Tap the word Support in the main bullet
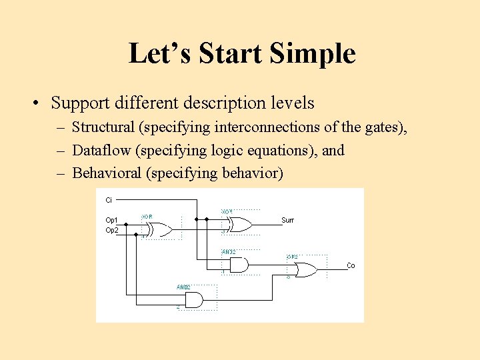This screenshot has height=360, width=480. point(79,103)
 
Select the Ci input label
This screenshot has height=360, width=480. point(109,199)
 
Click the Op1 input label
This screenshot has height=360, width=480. point(112,220)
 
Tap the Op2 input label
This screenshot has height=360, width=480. point(112,230)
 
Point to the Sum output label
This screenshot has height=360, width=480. point(287,220)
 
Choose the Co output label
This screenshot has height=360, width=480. point(351,266)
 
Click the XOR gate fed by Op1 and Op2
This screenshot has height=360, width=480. point(159,230)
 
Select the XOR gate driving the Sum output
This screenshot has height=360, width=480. point(238,225)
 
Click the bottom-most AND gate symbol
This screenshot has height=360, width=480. point(193,300)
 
